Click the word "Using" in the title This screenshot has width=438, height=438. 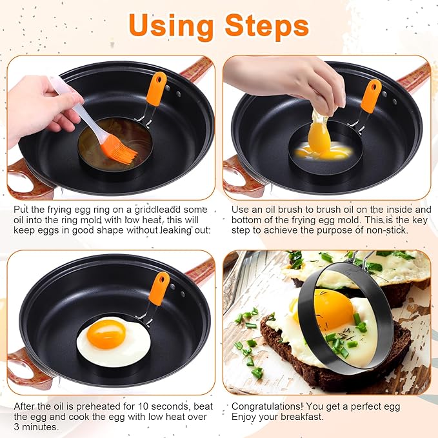pyautogui.click(x=172, y=25)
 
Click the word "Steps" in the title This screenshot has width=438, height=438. pyautogui.click(x=267, y=25)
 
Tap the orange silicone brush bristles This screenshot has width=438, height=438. pyautogui.click(x=119, y=148)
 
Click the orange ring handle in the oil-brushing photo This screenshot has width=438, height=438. pyautogui.click(x=156, y=89)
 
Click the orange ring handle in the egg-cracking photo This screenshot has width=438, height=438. pyautogui.click(x=370, y=96)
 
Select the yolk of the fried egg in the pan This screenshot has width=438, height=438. pyautogui.click(x=106, y=333)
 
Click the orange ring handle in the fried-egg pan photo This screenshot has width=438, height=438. pyautogui.click(x=159, y=288)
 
